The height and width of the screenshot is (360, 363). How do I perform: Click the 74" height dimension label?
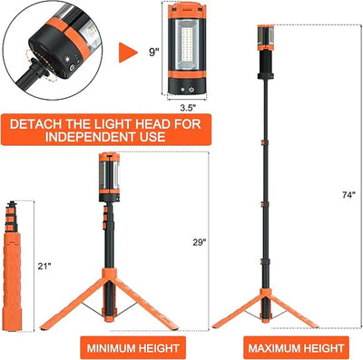(x=348, y=195)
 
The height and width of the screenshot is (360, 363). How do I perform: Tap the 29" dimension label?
(x=200, y=242)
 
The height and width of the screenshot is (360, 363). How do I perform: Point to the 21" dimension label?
(x=44, y=267)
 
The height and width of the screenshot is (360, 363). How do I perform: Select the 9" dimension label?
(x=153, y=53)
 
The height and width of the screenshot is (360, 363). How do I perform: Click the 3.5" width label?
(x=188, y=108)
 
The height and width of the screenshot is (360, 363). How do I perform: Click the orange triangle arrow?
(x=128, y=53)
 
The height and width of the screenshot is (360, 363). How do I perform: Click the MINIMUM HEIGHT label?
(x=132, y=347)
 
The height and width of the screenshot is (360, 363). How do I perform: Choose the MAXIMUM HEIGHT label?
(x=296, y=348)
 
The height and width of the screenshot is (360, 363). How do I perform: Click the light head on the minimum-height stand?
(x=109, y=178)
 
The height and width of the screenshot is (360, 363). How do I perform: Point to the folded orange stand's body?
(x=12, y=282)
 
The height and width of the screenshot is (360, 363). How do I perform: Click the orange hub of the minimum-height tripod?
(x=110, y=274)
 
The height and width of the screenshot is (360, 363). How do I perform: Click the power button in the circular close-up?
(x=72, y=68)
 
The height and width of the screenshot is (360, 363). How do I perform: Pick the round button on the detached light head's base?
(x=191, y=90)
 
